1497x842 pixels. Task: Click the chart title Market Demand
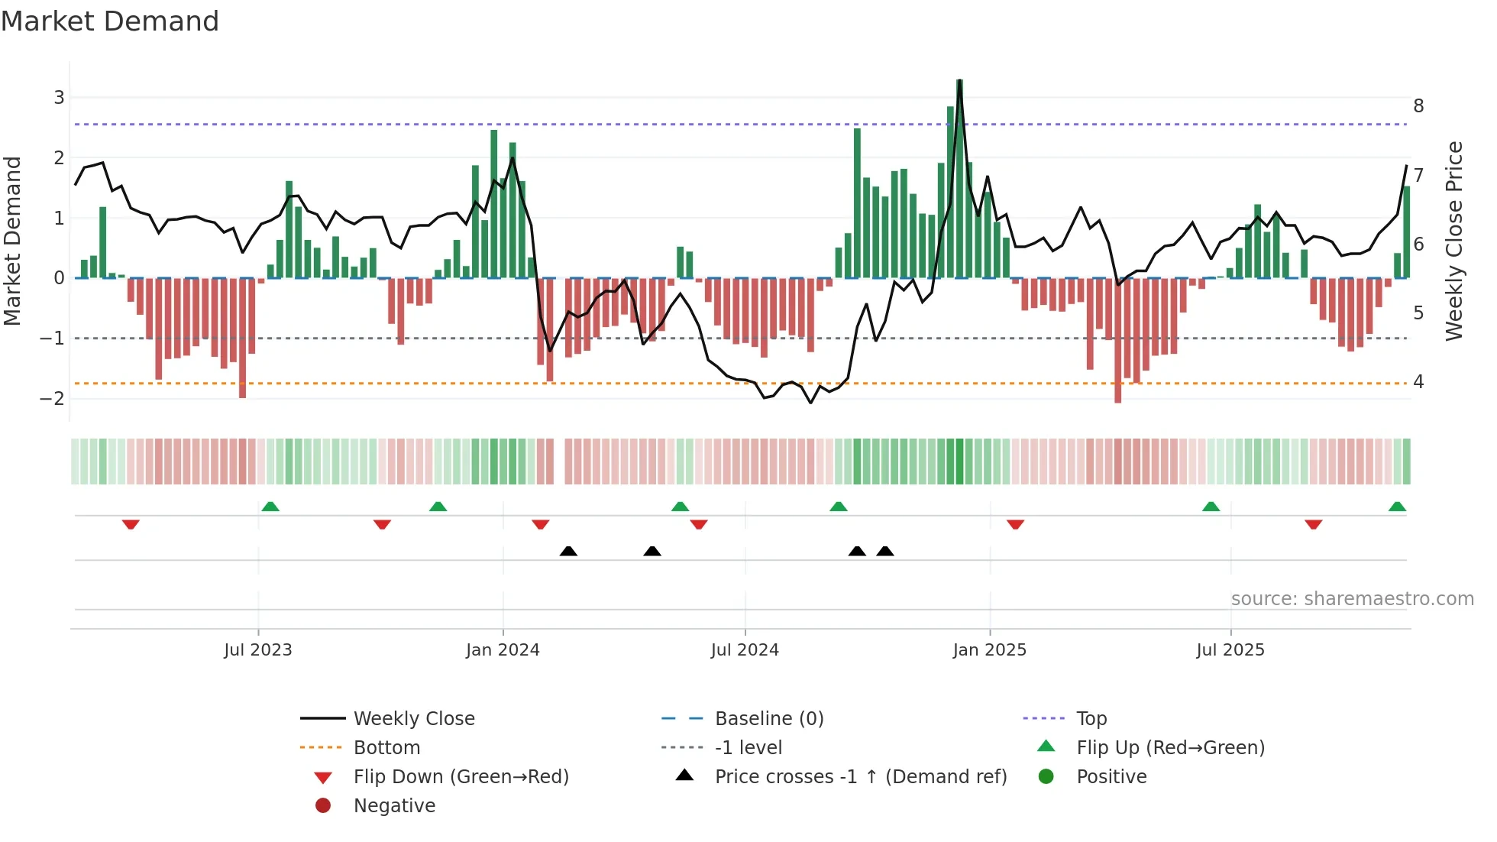pyautogui.click(x=110, y=21)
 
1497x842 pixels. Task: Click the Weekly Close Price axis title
pyautogui.click(x=1454, y=241)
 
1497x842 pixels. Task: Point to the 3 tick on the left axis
pyautogui.click(x=59, y=98)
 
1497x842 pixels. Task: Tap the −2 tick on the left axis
pyautogui.click(x=53, y=398)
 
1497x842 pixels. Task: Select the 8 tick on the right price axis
pyautogui.click(x=1418, y=106)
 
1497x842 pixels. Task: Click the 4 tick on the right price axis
pyautogui.click(x=1418, y=381)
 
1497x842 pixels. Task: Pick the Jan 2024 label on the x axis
pyautogui.click(x=503, y=650)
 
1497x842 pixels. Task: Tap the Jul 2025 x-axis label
pyautogui.click(x=1230, y=650)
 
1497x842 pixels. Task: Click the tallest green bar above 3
pyautogui.click(x=959, y=176)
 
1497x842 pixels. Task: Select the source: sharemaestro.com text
pyautogui.click(x=1352, y=599)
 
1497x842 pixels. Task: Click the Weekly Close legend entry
pyautogui.click(x=413, y=719)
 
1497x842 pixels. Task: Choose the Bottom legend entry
pyautogui.click(x=386, y=748)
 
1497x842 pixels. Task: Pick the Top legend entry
pyautogui.click(x=1091, y=719)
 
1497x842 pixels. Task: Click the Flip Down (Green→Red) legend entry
pyautogui.click(x=461, y=777)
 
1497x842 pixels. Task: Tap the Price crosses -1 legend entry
pyautogui.click(x=861, y=777)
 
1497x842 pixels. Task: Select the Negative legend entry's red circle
pyautogui.click(x=323, y=806)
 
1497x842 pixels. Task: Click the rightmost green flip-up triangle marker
pyautogui.click(x=1397, y=507)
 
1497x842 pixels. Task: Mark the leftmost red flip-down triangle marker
pyautogui.click(x=131, y=524)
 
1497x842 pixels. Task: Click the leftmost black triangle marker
pyautogui.click(x=568, y=551)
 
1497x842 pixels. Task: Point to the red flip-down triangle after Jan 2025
pyautogui.click(x=1015, y=524)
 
